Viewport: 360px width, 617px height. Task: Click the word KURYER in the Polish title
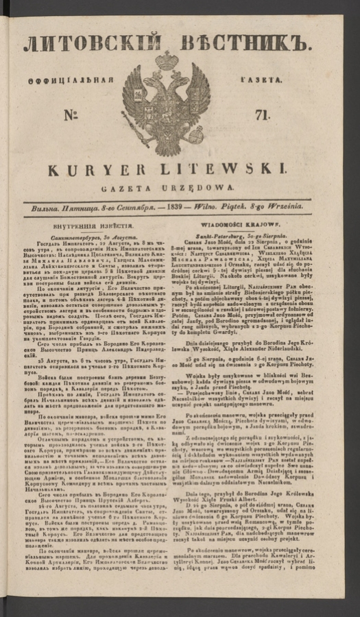tap(110, 168)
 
